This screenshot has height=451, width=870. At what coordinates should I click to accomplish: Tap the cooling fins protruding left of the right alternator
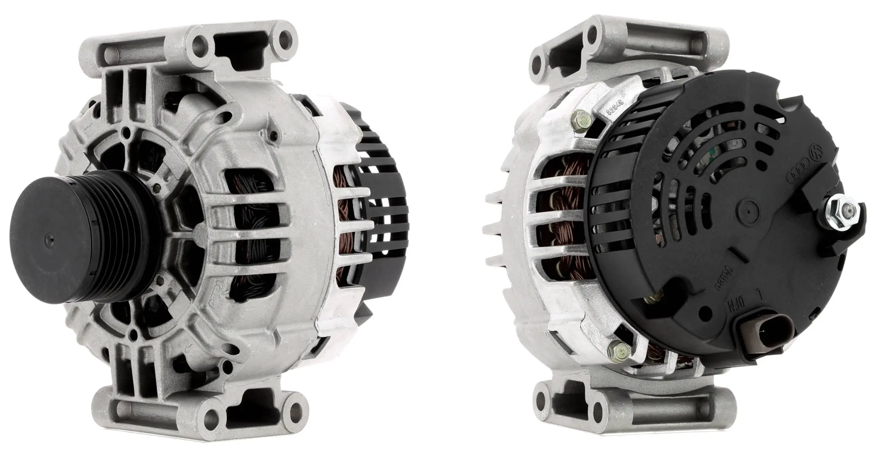point(499,227)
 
